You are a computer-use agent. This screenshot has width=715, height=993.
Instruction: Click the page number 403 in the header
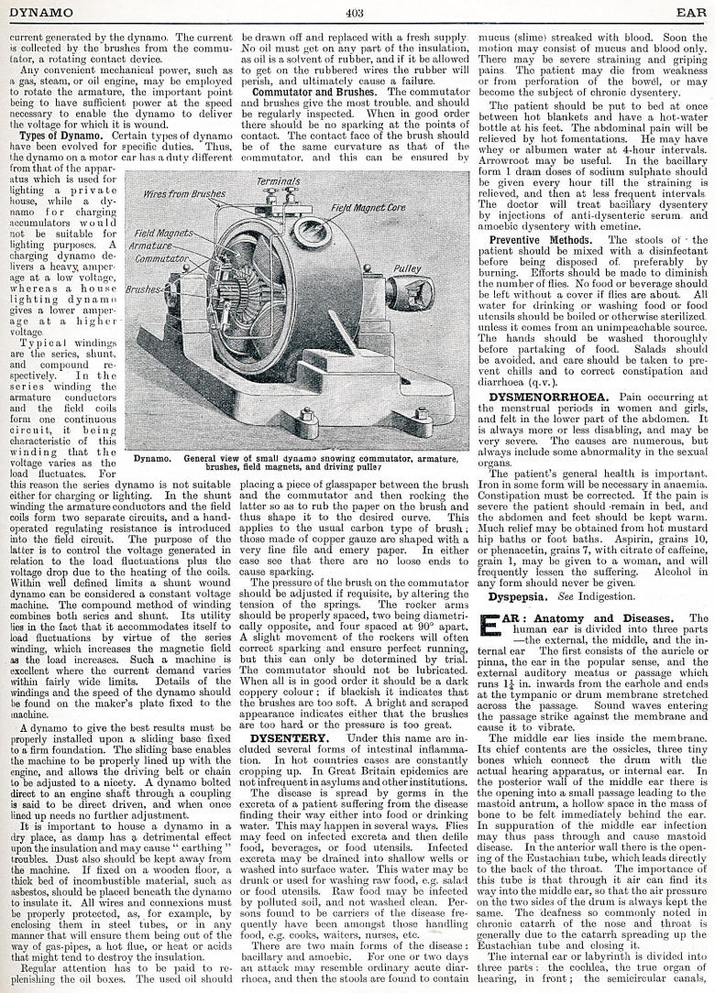click(x=357, y=12)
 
